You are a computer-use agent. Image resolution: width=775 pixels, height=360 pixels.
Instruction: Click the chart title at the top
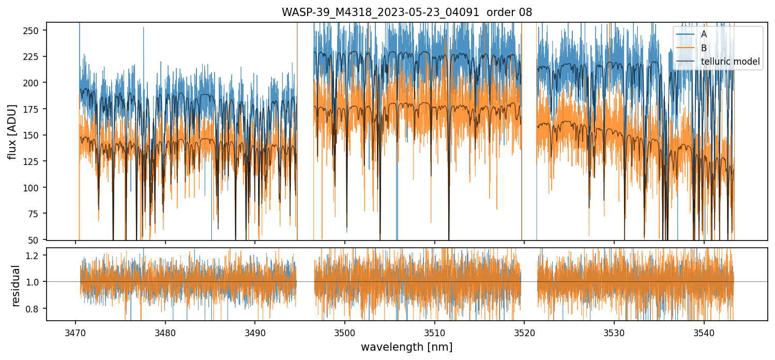[406, 12]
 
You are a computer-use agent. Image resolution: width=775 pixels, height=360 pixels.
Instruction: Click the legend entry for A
[704, 34]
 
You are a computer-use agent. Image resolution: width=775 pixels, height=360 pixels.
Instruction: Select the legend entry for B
[704, 48]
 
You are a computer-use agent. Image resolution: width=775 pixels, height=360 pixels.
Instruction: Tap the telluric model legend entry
[730, 62]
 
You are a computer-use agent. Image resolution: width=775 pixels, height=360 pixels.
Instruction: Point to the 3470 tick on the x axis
[76, 332]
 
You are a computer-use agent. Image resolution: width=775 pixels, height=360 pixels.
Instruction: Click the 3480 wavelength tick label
[165, 332]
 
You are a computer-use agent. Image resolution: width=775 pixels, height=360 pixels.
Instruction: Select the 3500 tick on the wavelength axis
[345, 332]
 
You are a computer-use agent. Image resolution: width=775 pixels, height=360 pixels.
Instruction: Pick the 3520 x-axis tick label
[524, 332]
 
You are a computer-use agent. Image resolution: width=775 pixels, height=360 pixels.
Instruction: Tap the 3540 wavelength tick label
[704, 332]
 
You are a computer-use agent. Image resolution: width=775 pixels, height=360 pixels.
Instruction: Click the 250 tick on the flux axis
[36, 31]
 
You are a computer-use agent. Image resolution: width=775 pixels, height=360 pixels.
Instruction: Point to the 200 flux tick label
[36, 83]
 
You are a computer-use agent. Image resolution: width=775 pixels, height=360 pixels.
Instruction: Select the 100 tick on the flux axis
[36, 187]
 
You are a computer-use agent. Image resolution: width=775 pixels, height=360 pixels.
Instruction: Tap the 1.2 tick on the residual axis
[38, 255]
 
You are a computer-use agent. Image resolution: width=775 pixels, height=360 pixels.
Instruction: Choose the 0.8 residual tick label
[38, 308]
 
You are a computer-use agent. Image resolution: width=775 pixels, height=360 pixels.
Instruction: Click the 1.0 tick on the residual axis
[38, 282]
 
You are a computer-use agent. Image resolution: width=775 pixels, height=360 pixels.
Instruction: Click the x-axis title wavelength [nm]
[406, 347]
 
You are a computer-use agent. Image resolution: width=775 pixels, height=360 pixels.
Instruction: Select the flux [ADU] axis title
[12, 131]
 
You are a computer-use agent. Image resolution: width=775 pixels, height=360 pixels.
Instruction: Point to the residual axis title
[16, 286]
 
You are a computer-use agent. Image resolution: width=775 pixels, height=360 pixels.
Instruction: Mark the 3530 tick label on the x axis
[614, 332]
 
